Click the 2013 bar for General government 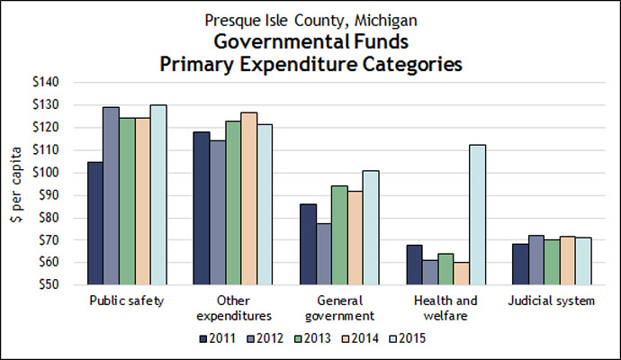click(x=341, y=235)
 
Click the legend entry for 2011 click(x=217, y=338)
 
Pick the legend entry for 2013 click(x=311, y=338)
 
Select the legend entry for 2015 click(x=406, y=338)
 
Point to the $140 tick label click(x=46, y=82)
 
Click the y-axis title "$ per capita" click(x=15, y=184)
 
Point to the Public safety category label click(x=127, y=301)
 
